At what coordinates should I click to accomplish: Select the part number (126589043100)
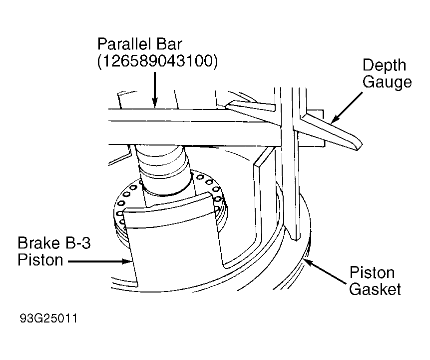(x=157, y=61)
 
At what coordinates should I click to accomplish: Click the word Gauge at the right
(x=387, y=82)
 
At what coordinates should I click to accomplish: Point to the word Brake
(x=38, y=243)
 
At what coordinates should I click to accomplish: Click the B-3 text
(x=77, y=243)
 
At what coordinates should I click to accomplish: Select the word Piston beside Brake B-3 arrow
(x=40, y=260)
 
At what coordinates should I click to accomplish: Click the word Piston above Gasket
(x=372, y=272)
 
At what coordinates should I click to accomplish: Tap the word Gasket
(x=375, y=289)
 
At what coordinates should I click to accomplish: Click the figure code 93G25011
(x=48, y=318)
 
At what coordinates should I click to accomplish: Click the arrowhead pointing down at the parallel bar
(x=155, y=103)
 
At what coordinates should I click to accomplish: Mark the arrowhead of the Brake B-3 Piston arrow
(x=127, y=261)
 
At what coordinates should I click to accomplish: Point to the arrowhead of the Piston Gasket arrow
(x=309, y=262)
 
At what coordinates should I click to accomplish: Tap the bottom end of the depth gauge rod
(x=296, y=239)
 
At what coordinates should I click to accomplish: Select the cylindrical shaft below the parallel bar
(x=164, y=167)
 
